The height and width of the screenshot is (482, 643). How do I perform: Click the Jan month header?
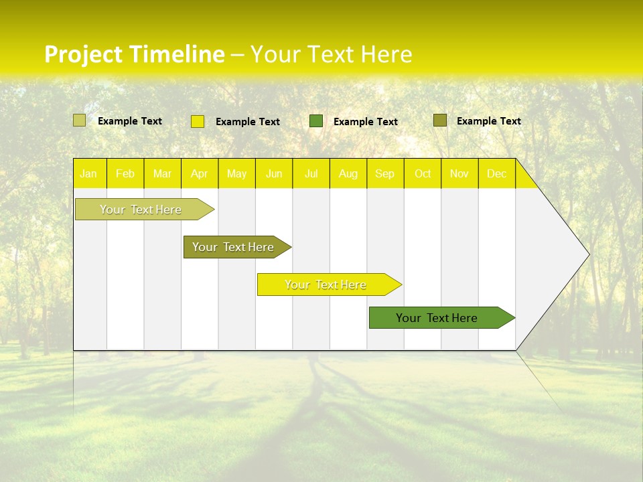coord(89,174)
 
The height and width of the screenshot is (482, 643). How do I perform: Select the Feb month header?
coord(125,174)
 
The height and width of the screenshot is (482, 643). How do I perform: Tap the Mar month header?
coord(163,174)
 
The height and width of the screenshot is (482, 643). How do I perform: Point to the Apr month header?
coord(200,174)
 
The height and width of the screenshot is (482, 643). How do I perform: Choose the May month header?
coord(236,174)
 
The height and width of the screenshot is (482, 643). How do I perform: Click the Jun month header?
coord(274,174)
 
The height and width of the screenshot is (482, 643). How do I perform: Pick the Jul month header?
coord(311,174)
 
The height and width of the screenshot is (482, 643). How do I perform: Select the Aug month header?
coord(348,174)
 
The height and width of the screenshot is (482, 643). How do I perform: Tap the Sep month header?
coord(385,174)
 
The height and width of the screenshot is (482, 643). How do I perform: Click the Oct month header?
coord(423,174)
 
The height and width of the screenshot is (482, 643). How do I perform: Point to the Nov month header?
coord(459,174)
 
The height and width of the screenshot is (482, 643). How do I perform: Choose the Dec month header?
coord(497,174)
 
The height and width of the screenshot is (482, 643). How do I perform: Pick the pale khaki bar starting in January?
coord(141,210)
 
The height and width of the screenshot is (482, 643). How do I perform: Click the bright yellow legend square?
coord(198,121)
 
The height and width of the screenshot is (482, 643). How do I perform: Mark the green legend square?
coord(316,121)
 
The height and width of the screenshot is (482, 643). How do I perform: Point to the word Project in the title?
coord(83,54)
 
